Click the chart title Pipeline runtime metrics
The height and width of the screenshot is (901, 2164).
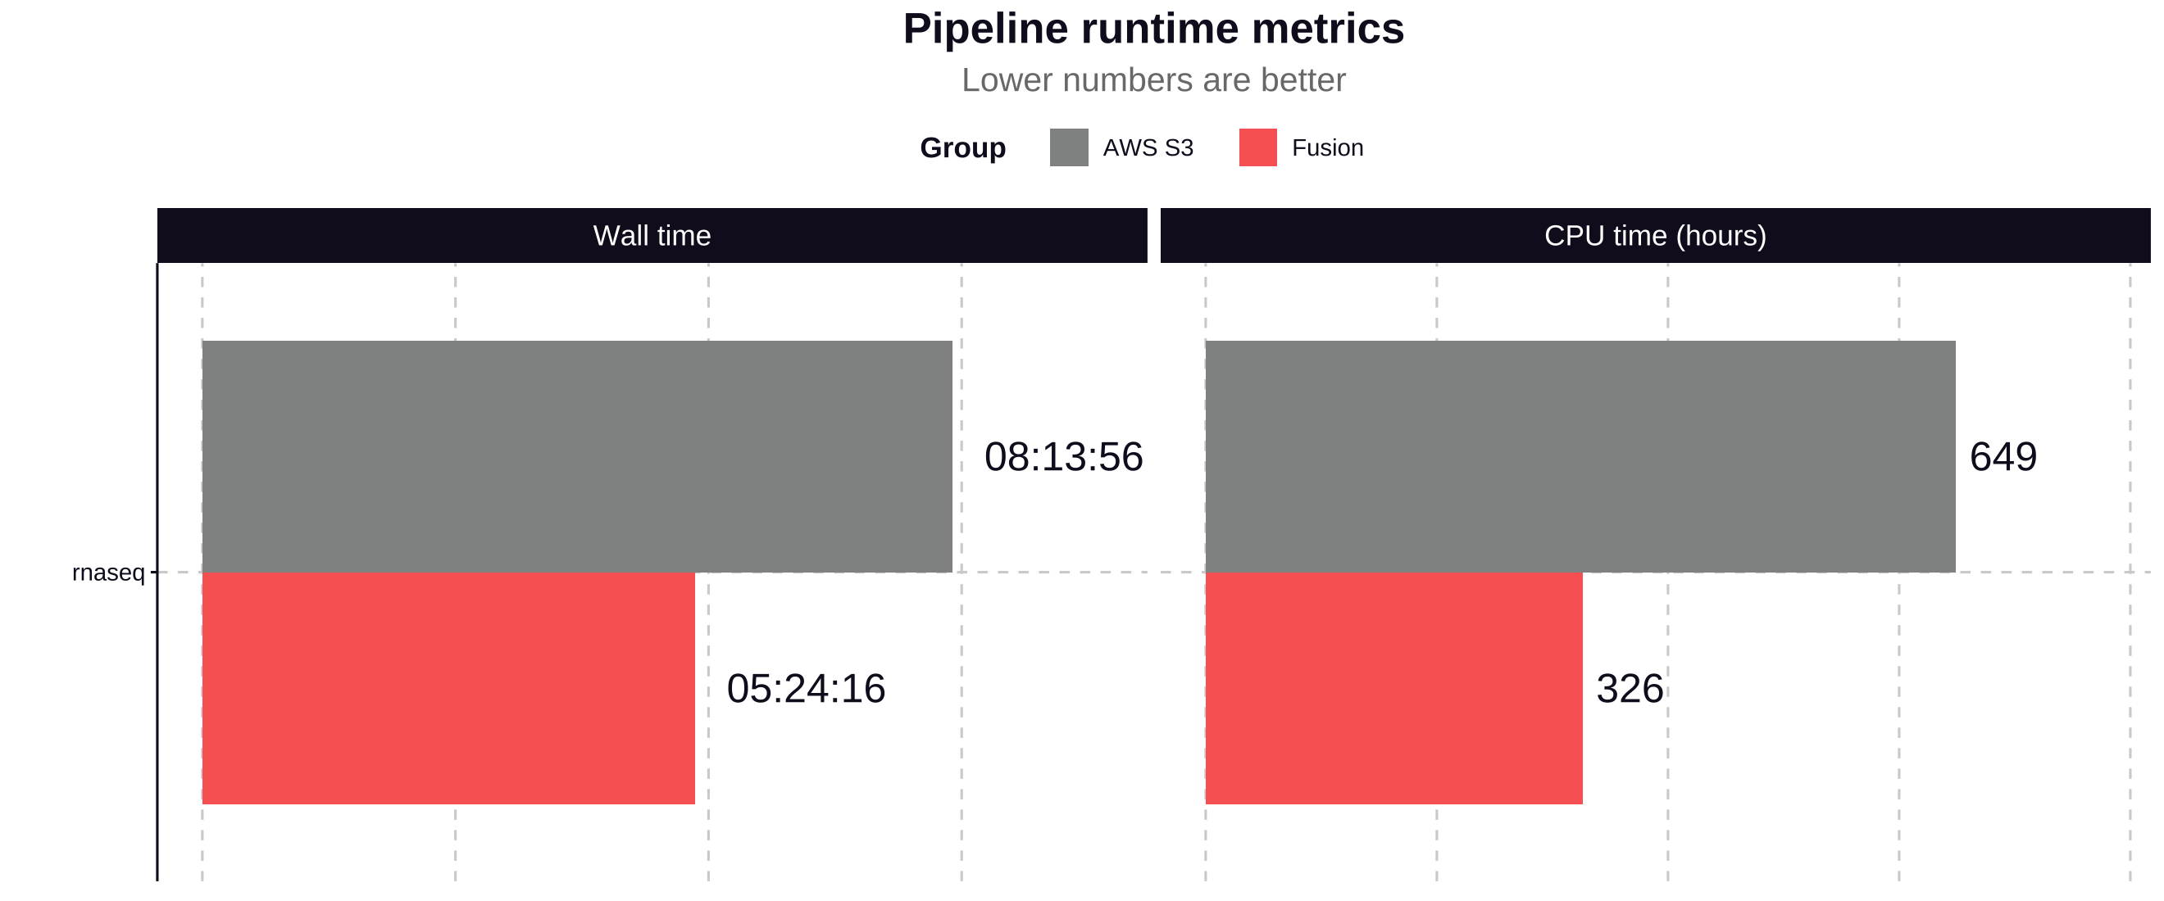point(1152,29)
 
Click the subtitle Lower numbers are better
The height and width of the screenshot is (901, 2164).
point(1152,80)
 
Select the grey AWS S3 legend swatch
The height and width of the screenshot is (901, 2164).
point(1069,147)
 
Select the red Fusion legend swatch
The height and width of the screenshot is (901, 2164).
point(1257,147)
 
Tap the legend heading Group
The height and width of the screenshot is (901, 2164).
point(962,147)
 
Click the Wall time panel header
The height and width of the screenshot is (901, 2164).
point(652,236)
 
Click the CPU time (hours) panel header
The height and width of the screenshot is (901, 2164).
point(1655,236)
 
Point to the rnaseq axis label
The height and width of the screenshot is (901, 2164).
point(108,573)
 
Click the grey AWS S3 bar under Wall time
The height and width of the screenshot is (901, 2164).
point(576,457)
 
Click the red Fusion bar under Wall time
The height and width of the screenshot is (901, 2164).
point(448,689)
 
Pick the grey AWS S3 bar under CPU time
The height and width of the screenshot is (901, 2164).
point(1580,457)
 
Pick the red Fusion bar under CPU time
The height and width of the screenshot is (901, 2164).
point(1393,689)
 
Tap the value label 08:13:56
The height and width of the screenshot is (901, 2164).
point(1062,458)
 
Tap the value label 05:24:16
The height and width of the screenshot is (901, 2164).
point(805,690)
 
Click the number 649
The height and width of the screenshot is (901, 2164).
point(2003,458)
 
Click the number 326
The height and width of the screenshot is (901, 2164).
point(1629,690)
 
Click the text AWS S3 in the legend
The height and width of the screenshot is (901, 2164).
point(1148,147)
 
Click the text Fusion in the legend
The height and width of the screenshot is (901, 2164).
point(1326,147)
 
